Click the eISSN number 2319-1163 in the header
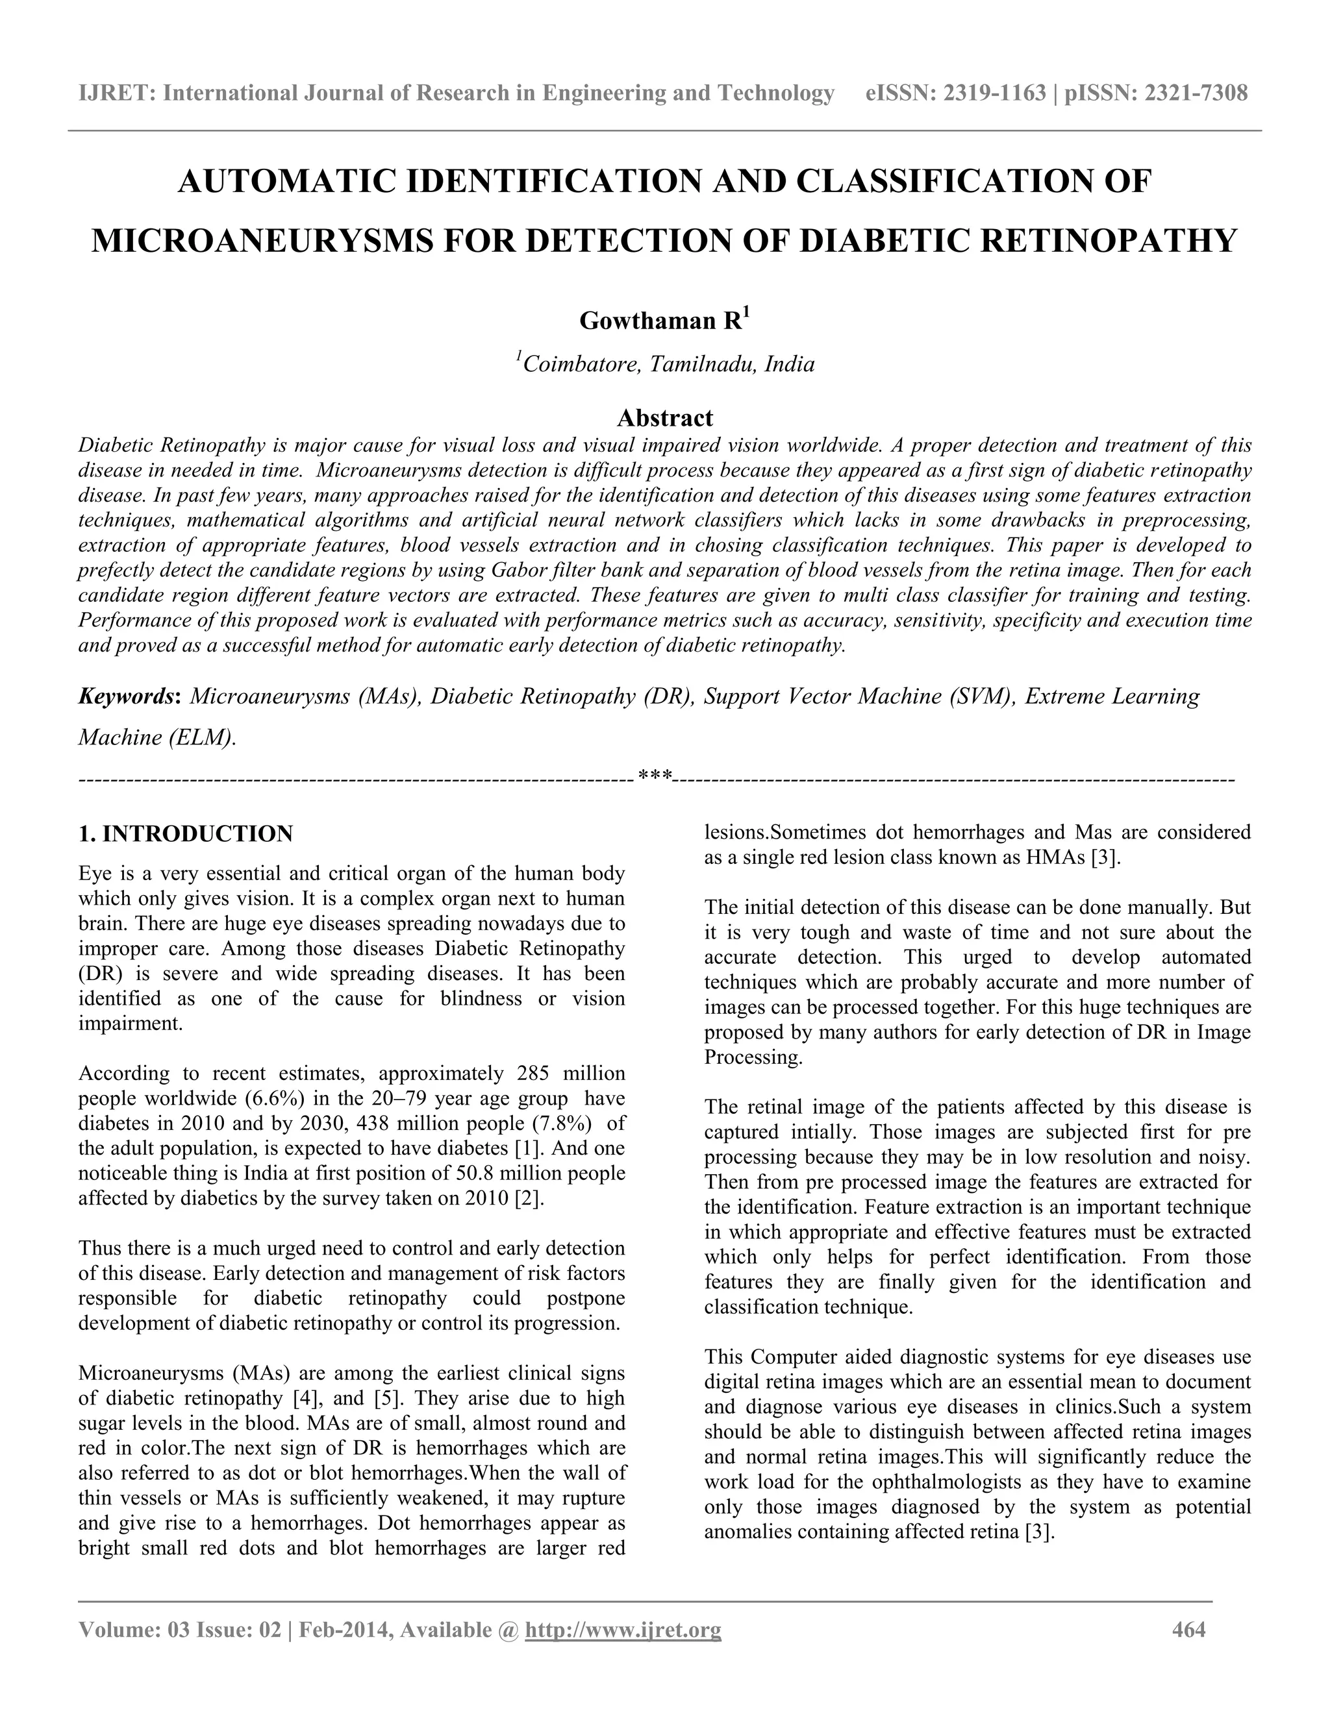click(x=994, y=93)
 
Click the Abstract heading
click(x=664, y=417)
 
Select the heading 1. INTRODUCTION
click(x=185, y=834)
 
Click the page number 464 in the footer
click(x=1189, y=1629)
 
